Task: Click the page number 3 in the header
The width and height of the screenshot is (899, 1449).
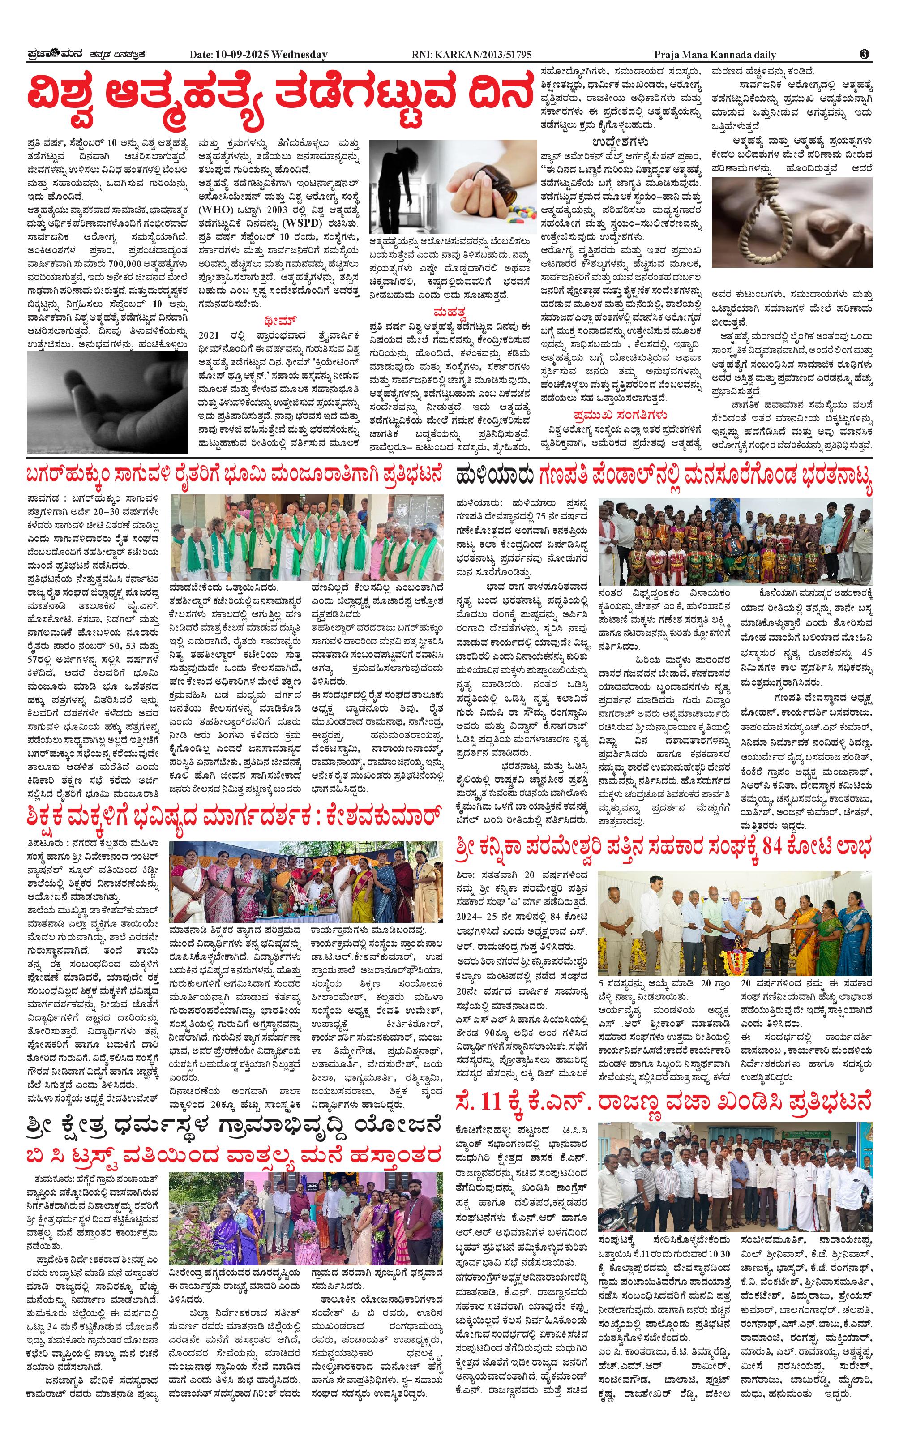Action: pos(865,54)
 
